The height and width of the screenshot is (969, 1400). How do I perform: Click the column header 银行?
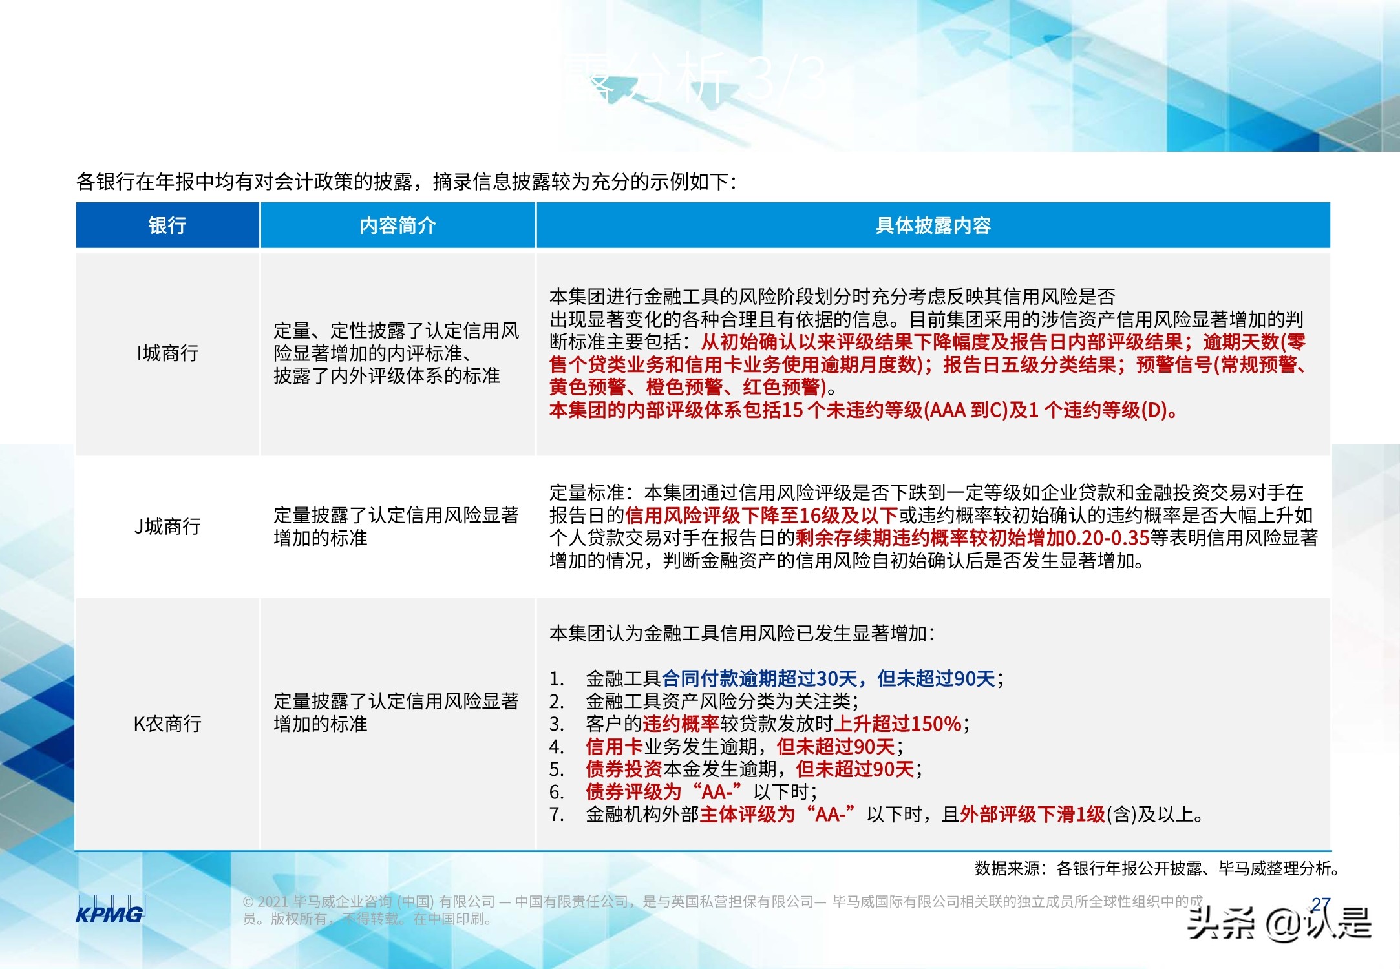[x=167, y=225]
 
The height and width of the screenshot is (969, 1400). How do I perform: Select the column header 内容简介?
[x=398, y=225]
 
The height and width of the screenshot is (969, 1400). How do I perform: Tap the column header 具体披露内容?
[x=933, y=225]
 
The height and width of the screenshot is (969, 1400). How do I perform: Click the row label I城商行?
[x=167, y=353]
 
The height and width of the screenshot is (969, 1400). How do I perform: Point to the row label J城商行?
[x=167, y=526]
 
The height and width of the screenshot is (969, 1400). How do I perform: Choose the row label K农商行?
[x=167, y=724]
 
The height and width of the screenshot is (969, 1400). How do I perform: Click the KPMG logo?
[x=110, y=911]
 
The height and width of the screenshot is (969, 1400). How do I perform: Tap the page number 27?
[x=1321, y=904]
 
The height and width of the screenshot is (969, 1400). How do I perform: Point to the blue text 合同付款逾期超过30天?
[x=759, y=679]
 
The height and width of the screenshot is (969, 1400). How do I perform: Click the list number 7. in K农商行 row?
[x=557, y=815]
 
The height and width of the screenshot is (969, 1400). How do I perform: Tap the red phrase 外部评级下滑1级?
[x=1032, y=815]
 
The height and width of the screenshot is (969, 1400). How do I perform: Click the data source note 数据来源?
[x=1007, y=869]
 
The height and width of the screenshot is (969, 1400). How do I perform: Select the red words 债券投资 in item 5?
[x=624, y=769]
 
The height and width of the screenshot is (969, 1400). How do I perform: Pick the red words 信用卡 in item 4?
[x=614, y=747]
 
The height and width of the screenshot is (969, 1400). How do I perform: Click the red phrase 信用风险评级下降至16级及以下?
[x=761, y=516]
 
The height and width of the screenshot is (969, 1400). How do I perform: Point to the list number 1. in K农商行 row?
[x=557, y=679]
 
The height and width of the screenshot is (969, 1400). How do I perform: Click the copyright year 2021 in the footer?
[x=272, y=902]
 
